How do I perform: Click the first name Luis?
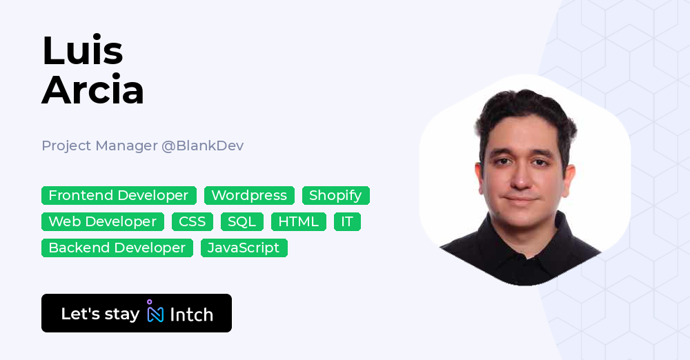[x=82, y=50]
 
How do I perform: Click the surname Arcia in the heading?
[x=92, y=90]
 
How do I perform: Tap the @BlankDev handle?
[x=202, y=146]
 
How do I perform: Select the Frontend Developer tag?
[x=119, y=195]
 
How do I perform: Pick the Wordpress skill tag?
[x=249, y=195]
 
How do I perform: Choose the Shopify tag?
[x=335, y=195]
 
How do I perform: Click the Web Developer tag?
[x=103, y=221]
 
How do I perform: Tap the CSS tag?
[x=193, y=221]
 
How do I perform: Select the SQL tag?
[x=241, y=221]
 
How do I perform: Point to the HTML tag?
[x=299, y=221]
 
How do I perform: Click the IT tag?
[x=347, y=221]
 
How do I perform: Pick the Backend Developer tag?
[x=117, y=248]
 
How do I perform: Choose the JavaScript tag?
[x=244, y=248]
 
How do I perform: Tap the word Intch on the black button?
[x=191, y=314]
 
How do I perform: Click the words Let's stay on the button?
[x=100, y=314]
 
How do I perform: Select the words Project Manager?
[x=99, y=146]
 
